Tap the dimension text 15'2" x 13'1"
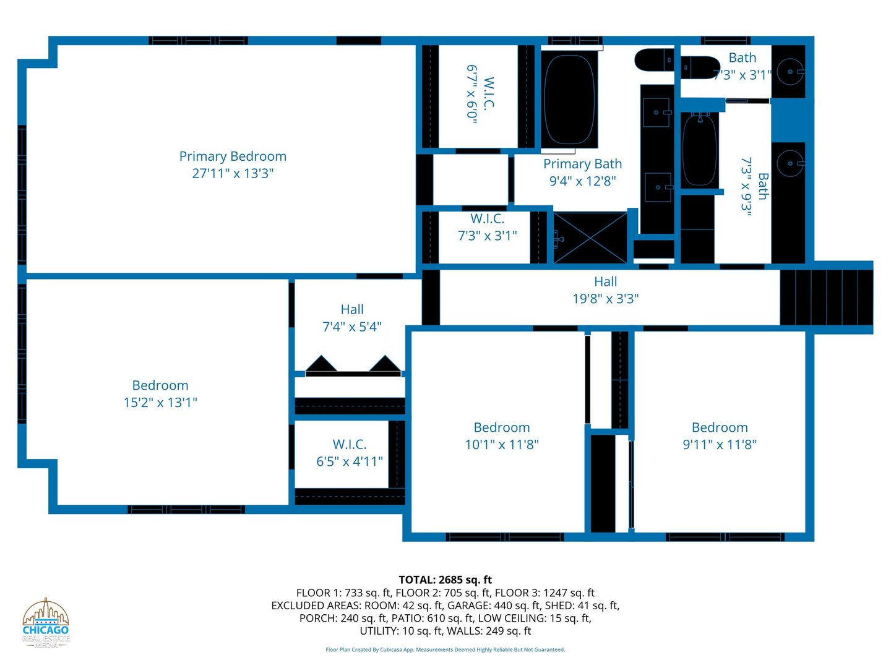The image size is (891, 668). (160, 403)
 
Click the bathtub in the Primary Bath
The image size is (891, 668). (569, 99)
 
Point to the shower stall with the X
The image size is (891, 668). (590, 238)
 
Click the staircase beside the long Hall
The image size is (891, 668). (826, 298)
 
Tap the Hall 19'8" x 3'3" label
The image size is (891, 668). (605, 290)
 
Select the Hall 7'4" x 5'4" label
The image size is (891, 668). (351, 318)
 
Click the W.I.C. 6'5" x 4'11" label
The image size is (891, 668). (350, 453)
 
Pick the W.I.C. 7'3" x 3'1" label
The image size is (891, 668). (487, 227)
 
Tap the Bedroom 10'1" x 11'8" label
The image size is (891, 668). (502, 436)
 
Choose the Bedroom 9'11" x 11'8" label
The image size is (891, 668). (720, 436)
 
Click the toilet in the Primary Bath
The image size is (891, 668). (655, 61)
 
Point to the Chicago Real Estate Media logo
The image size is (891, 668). (46, 623)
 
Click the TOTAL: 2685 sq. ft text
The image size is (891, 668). (445, 580)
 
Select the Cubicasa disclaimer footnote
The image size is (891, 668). (445, 649)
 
